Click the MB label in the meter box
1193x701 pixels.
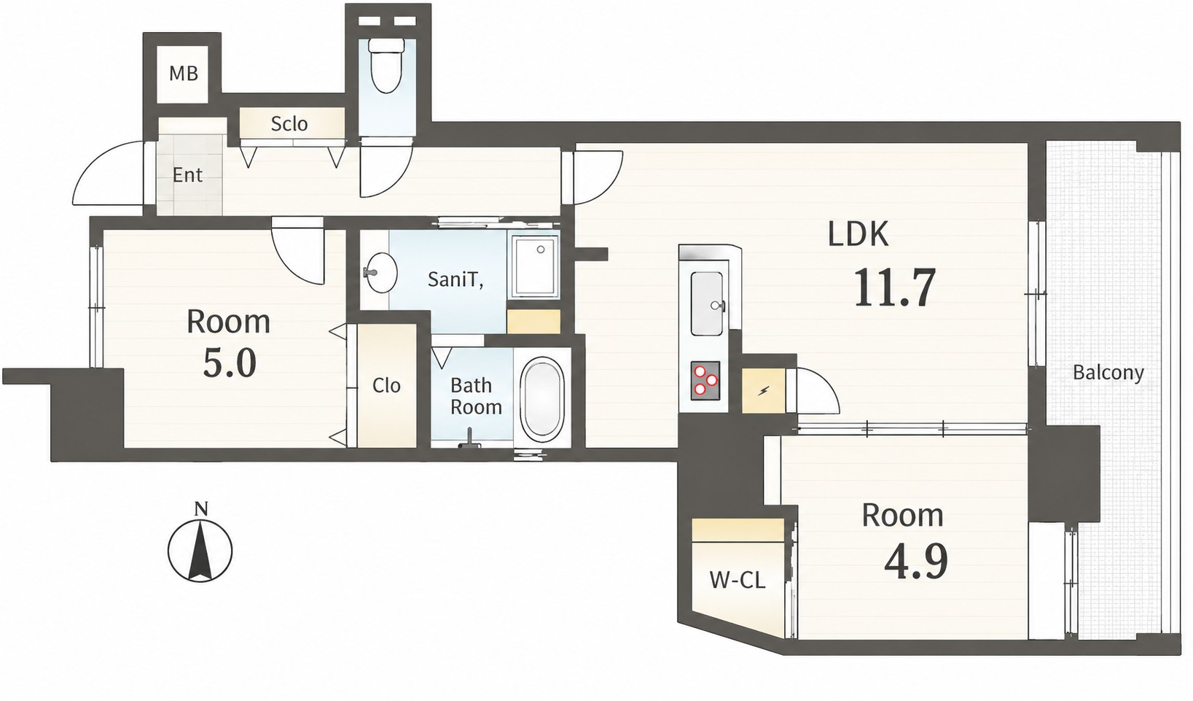pyautogui.click(x=184, y=73)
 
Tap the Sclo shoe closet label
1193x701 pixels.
pyautogui.click(x=289, y=124)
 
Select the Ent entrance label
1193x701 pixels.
pyautogui.click(x=187, y=175)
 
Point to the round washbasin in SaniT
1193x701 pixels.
pyautogui.click(x=381, y=272)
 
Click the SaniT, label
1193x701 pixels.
pyautogui.click(x=456, y=279)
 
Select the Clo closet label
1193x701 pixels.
pyautogui.click(x=386, y=385)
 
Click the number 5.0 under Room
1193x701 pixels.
pyautogui.click(x=230, y=363)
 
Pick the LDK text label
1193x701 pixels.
pyautogui.click(x=858, y=234)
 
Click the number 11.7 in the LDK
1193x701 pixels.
pyautogui.click(x=895, y=287)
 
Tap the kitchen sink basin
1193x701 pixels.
pyautogui.click(x=708, y=303)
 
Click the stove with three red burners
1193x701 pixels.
pyautogui.click(x=705, y=380)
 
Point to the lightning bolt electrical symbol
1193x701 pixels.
pyautogui.click(x=764, y=392)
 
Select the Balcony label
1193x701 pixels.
pyautogui.click(x=1108, y=372)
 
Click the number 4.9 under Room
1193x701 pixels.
pyautogui.click(x=916, y=562)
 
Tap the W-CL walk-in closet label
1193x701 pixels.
pyautogui.click(x=738, y=580)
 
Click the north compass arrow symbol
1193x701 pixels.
pyautogui.click(x=200, y=550)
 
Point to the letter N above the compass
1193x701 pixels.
pyautogui.click(x=201, y=509)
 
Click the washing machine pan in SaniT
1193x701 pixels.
pyautogui.click(x=536, y=266)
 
